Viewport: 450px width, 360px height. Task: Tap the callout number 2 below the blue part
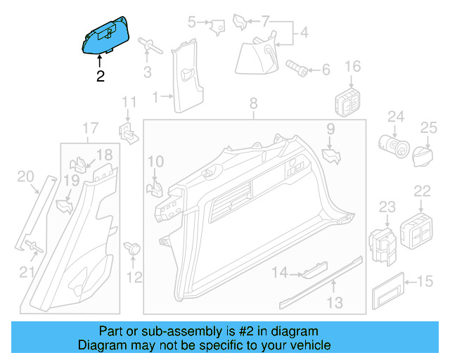coord(101,76)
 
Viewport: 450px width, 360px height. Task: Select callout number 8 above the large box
coord(255,105)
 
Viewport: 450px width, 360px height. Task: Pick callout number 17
coord(90,128)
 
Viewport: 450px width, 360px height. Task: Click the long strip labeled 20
coord(35,214)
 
